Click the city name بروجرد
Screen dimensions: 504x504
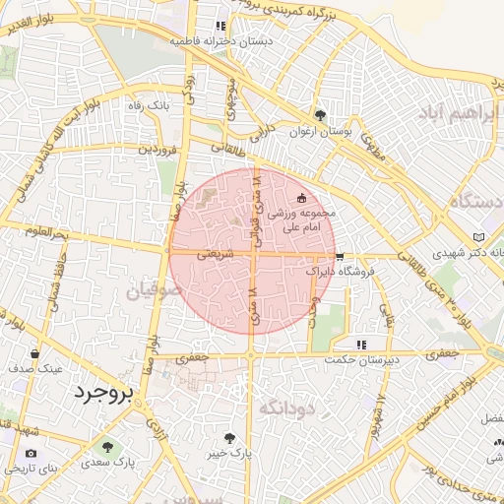(101, 392)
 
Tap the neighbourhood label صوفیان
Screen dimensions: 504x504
(153, 291)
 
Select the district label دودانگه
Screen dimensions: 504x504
(286, 406)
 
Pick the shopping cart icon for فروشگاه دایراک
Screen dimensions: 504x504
(340, 254)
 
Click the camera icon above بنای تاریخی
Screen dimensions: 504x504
(31, 453)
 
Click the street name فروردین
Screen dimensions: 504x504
(157, 150)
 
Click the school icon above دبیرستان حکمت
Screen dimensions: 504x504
(362, 345)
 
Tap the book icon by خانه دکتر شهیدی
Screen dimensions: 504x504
(479, 237)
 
